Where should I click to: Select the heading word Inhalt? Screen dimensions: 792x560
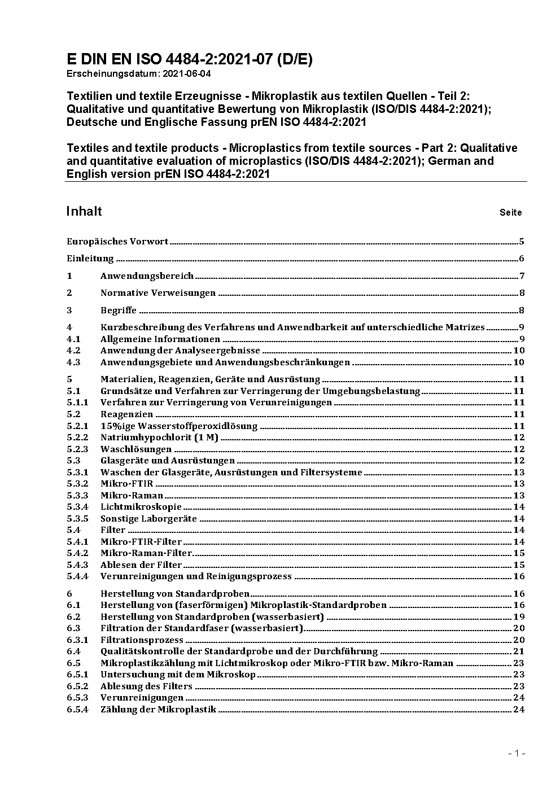click(x=84, y=211)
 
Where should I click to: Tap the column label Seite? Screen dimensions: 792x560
click(x=510, y=213)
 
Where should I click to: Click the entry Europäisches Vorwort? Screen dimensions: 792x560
click(x=117, y=242)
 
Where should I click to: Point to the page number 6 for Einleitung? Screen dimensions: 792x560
click(x=522, y=259)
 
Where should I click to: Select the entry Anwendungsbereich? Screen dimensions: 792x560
click(x=147, y=276)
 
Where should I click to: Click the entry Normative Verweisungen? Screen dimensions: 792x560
click(x=158, y=293)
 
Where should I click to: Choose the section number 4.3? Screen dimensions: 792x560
click(x=73, y=362)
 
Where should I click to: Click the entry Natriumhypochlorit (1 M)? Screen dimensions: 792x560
click(x=159, y=437)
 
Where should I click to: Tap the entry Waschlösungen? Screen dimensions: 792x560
click(x=136, y=449)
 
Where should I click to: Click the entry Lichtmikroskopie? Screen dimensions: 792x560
click(x=141, y=507)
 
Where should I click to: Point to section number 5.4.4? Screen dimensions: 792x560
click(x=77, y=576)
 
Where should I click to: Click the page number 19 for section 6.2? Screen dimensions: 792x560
click(x=519, y=617)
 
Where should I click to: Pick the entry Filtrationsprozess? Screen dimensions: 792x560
click(x=142, y=640)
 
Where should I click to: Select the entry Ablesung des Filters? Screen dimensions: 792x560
click(x=146, y=686)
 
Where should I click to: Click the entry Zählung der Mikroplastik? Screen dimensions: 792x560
click(x=158, y=710)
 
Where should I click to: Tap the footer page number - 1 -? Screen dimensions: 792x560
click(x=517, y=754)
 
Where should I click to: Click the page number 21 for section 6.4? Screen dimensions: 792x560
click(x=519, y=651)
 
